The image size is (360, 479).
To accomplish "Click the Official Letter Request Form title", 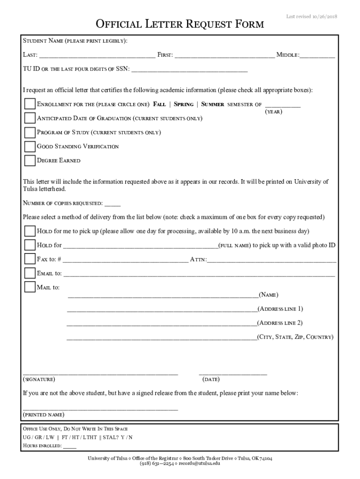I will (x=180, y=24).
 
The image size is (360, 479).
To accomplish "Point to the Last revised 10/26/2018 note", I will (x=311, y=17).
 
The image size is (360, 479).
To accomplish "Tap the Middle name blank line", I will (x=317, y=56).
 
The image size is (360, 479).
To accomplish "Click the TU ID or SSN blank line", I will (x=189, y=70).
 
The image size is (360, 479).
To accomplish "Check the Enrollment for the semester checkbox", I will (x=29, y=104).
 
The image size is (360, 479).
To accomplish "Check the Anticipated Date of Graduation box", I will (x=29, y=118).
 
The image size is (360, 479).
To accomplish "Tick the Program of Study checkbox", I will (x=29, y=132).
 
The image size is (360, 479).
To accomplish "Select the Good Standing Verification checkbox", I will (x=29, y=146).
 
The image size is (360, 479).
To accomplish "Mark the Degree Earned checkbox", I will (x=29, y=160).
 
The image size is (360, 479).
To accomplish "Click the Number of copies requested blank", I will (x=113, y=204).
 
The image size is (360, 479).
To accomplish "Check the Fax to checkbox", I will (x=29, y=259).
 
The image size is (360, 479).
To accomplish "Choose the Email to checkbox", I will (x=29, y=273).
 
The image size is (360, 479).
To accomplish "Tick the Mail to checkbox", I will (x=29, y=287).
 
